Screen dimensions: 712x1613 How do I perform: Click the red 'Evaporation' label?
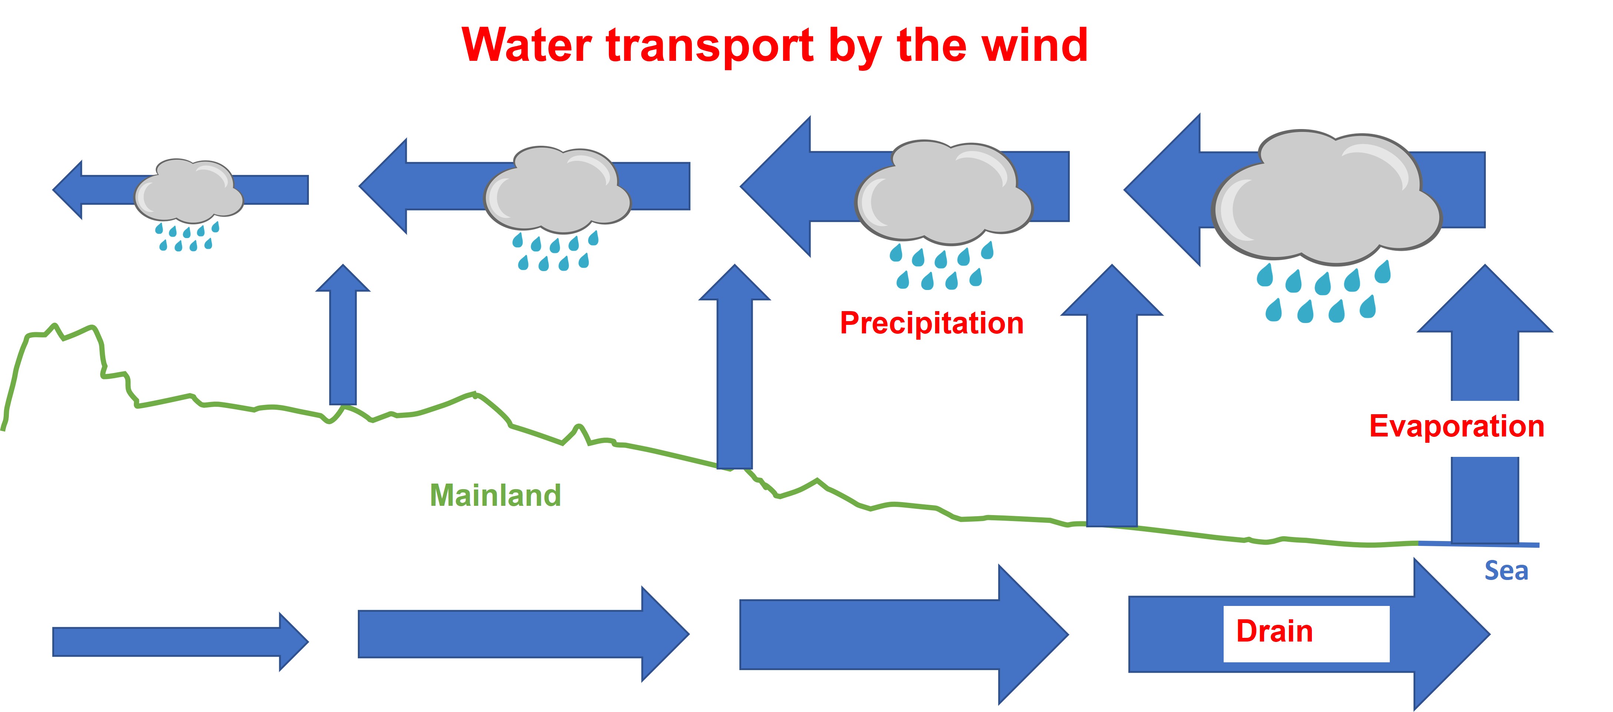[x=1457, y=426]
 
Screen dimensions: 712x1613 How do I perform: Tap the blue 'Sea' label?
[x=1506, y=570]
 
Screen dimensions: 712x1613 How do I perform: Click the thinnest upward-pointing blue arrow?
[x=343, y=338]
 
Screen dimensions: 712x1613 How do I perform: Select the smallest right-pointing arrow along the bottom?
[x=178, y=642]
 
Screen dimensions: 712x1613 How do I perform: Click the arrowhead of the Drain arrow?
[x=1449, y=634]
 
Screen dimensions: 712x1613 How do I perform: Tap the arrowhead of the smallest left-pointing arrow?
[x=69, y=190]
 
